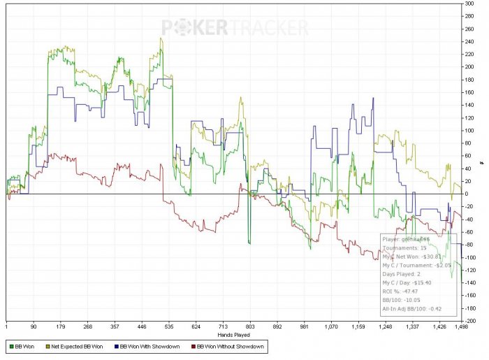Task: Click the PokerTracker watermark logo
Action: coord(235,27)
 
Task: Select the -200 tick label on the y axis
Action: coord(471,320)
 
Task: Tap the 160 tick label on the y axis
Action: coord(470,92)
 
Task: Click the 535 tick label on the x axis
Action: coord(168,326)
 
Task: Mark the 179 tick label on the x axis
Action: coord(61,326)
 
